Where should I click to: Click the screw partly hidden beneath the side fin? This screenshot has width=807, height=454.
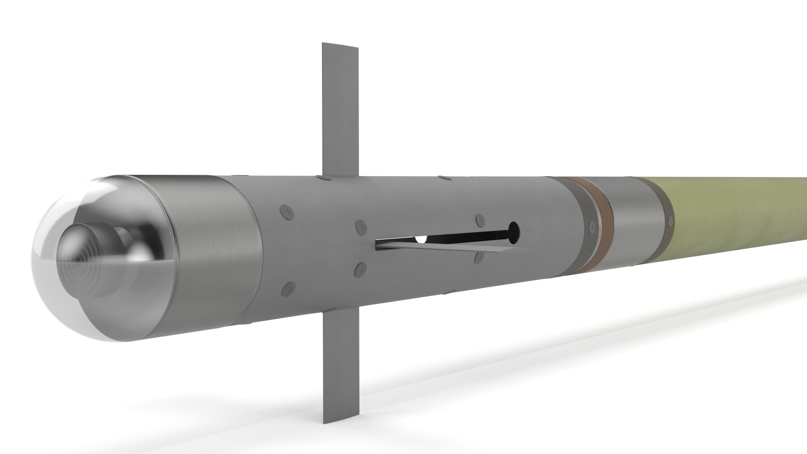479,256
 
